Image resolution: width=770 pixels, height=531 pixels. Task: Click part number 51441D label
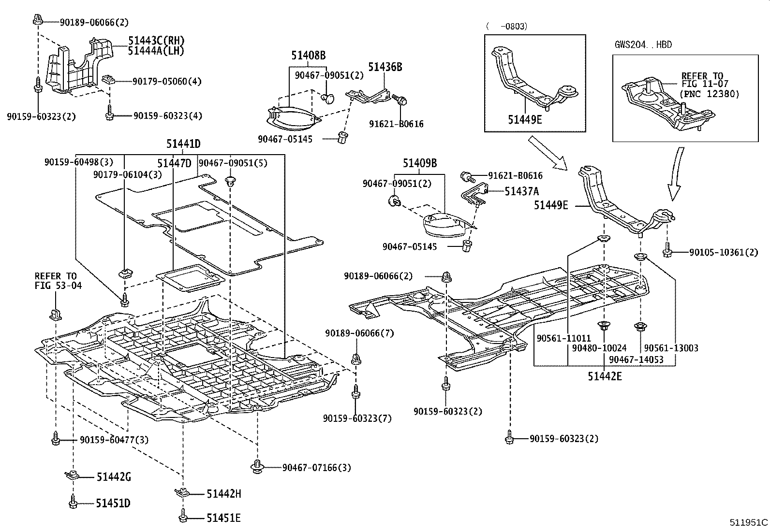point(183,144)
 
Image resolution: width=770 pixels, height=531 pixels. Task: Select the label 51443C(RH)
point(156,41)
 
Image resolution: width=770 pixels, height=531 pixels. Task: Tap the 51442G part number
point(113,477)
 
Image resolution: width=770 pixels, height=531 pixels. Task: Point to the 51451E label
point(223,518)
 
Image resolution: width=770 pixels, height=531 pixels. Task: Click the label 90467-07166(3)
point(317,467)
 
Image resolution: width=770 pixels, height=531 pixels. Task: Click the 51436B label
point(385,67)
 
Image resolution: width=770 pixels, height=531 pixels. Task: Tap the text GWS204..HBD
point(643,45)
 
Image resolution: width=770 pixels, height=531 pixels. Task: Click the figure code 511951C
point(749,522)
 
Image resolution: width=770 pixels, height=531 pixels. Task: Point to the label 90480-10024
point(599,348)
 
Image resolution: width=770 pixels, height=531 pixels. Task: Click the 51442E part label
point(605,376)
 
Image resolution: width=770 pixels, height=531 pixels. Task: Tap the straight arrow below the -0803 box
point(548,153)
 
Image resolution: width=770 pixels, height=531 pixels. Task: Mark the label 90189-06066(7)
point(359,333)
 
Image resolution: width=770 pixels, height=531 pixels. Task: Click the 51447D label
point(174,164)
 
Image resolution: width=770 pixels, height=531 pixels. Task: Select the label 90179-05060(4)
point(167,81)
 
